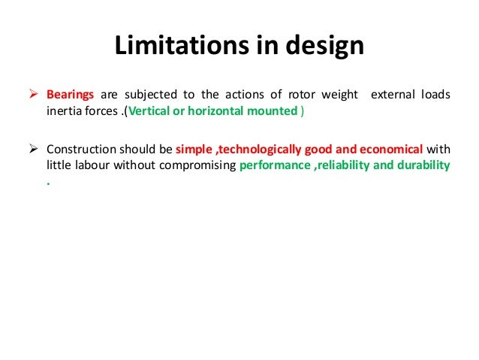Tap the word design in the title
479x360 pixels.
(x=324, y=46)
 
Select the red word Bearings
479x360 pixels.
(x=71, y=95)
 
